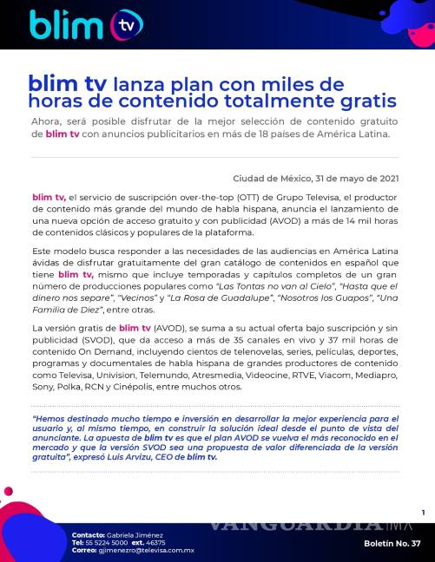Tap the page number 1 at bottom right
tap(422, 513)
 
